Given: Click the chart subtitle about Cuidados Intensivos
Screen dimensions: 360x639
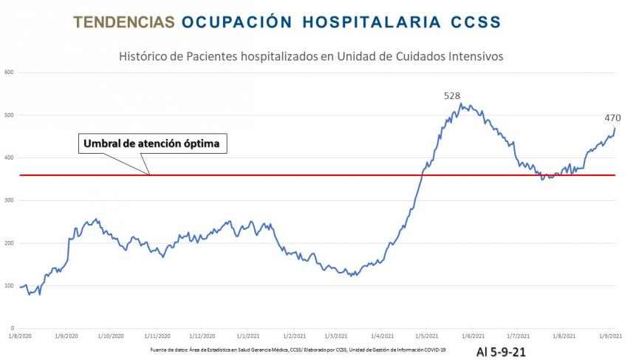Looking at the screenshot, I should point(311,56).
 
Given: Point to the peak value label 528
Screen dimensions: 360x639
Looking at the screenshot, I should point(451,96).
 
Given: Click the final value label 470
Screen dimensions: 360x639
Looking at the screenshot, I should point(612,118).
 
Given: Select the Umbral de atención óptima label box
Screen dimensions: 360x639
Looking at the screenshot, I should point(151,143).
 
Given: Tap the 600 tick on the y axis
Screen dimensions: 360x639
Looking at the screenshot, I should point(9,72).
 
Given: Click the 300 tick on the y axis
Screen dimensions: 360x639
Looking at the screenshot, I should point(9,200).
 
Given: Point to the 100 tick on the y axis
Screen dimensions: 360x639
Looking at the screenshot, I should point(9,285).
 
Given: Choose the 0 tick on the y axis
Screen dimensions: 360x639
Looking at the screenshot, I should point(13,328).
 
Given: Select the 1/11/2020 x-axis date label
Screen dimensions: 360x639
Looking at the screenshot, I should point(157,336).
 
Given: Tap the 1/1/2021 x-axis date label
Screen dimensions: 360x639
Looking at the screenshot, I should point(248,336).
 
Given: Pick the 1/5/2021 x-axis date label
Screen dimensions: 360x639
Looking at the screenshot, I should point(428,336).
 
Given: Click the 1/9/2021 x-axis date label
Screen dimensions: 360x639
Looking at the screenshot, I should point(610,336).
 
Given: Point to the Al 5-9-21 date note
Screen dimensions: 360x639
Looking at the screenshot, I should point(501,352).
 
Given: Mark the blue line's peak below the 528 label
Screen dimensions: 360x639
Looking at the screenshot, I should point(460,104).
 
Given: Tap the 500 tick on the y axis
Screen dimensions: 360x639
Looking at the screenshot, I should point(9,115).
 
